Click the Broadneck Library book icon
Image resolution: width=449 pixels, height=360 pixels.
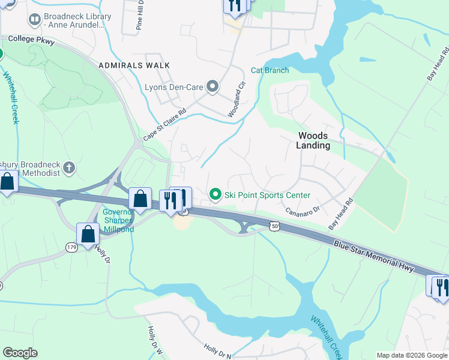[35, 21]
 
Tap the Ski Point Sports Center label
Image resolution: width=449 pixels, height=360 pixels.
[267, 195]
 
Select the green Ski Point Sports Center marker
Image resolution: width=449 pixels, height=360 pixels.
[215, 194]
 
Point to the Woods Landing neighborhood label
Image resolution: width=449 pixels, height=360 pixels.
[313, 141]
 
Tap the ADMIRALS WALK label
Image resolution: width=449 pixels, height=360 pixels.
[134, 65]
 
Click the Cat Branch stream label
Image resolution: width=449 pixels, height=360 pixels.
[270, 70]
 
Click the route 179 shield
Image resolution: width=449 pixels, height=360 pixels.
[71, 247]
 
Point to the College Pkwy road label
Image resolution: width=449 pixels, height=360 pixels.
[31, 41]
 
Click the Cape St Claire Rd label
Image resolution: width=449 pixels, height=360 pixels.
[164, 122]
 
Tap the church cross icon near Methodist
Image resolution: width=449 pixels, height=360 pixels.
[69, 167]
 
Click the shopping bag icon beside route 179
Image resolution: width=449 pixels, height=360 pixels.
[88, 234]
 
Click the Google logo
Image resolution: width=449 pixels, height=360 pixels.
[20, 352]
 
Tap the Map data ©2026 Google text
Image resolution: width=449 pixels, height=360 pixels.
[411, 355]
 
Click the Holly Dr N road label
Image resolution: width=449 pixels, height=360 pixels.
[217, 352]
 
